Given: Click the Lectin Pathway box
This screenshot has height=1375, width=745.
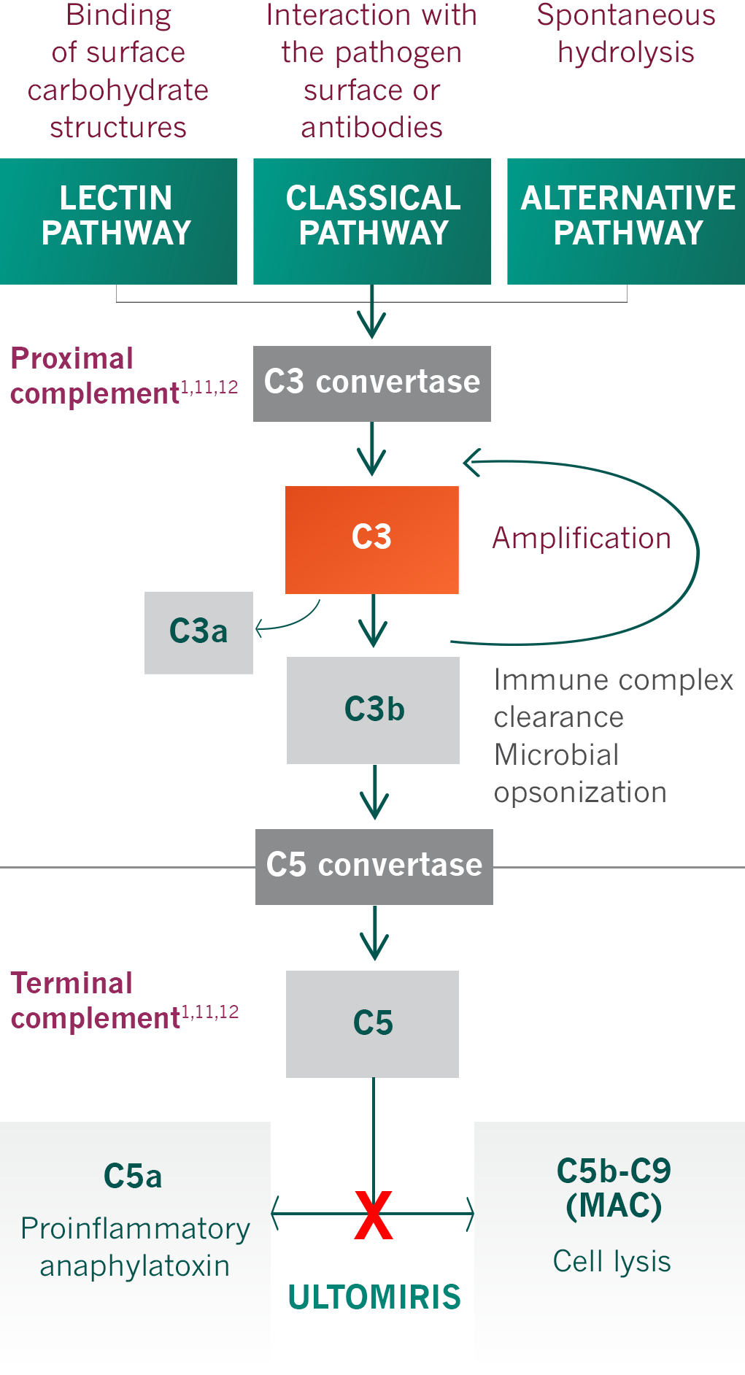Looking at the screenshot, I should (x=118, y=221).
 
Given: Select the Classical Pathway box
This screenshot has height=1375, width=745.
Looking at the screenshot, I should (x=372, y=221).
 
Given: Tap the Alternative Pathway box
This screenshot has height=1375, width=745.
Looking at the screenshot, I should (x=626, y=221).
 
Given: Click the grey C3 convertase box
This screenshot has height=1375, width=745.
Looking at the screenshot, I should (x=372, y=383).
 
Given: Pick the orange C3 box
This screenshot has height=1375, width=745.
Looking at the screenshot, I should (x=372, y=539).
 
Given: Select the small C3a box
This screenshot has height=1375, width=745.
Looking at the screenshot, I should (x=198, y=632).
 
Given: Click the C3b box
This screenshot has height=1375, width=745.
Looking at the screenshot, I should (x=374, y=710).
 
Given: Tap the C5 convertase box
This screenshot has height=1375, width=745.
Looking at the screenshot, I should (x=374, y=866).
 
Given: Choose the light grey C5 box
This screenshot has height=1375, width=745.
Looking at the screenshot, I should (x=373, y=1023).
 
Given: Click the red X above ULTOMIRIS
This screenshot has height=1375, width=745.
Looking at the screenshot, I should (x=374, y=1215).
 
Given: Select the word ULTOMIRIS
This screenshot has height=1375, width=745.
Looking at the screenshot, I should (x=374, y=1297).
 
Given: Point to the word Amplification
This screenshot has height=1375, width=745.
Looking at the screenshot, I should (x=582, y=539).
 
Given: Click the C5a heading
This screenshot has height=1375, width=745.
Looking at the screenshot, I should (x=133, y=1176).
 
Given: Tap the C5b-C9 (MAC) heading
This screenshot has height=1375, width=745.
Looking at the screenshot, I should (x=614, y=1188).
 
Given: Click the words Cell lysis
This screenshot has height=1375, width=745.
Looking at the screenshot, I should (x=611, y=1261).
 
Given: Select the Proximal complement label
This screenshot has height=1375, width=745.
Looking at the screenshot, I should (x=95, y=376).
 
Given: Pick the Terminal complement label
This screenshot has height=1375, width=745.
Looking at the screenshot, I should (x=95, y=1001).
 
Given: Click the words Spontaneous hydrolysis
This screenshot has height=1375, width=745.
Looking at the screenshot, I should (x=626, y=34).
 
